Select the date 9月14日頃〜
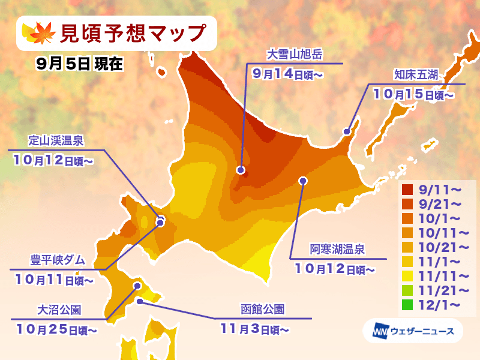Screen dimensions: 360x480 click(288, 74)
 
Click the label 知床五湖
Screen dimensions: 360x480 click(416, 75)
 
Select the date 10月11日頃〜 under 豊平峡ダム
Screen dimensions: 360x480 click(53, 279)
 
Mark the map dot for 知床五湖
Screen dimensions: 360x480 click(346, 131)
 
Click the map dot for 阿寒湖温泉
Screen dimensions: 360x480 click(303, 180)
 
